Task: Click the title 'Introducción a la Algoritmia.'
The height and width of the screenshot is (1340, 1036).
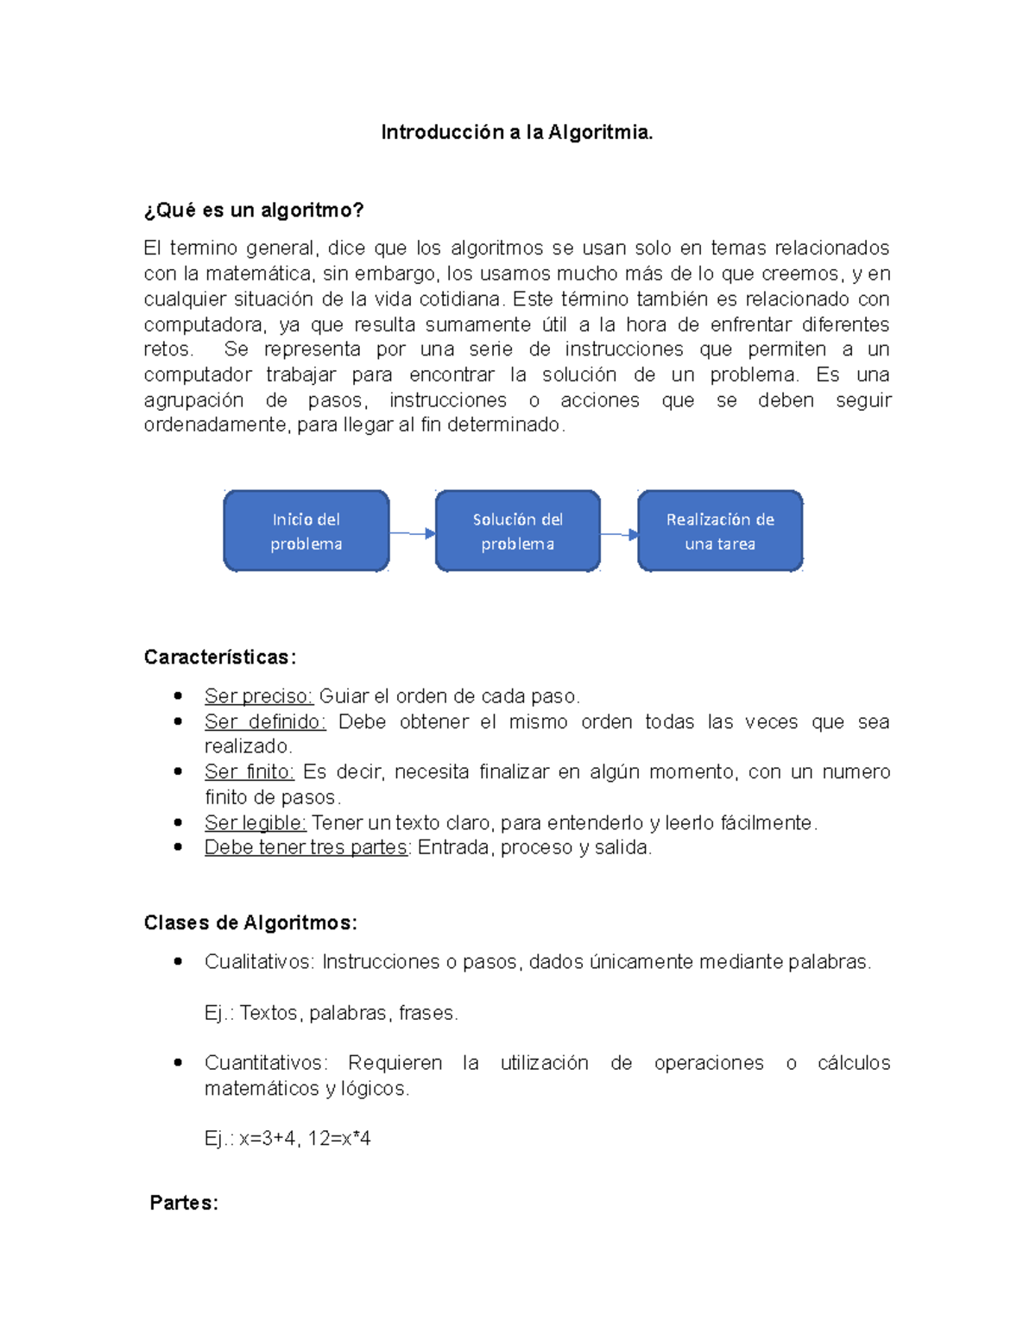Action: click(517, 132)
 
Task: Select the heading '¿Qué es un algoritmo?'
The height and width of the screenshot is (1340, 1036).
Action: click(254, 211)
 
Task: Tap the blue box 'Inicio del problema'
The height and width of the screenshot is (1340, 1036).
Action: click(306, 532)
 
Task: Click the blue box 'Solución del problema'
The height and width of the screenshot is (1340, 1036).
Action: click(517, 532)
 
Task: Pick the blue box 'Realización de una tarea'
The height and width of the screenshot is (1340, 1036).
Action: click(720, 532)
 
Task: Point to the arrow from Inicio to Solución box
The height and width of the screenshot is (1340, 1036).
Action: click(412, 534)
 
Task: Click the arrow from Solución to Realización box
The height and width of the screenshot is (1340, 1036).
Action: click(619, 535)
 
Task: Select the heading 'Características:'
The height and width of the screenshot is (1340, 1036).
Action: click(220, 657)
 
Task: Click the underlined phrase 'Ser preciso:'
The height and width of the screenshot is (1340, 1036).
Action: click(258, 696)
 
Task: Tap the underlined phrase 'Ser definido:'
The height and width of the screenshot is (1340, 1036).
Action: click(265, 722)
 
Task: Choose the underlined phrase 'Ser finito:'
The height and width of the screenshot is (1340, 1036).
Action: click(249, 772)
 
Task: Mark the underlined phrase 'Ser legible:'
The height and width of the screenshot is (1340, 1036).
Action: click(255, 823)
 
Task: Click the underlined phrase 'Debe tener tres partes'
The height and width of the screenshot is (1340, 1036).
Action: click(306, 848)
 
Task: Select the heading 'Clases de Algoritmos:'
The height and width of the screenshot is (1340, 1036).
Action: click(250, 923)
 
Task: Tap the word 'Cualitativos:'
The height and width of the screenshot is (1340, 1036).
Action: click(260, 962)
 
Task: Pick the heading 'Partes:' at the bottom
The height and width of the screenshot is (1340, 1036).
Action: click(184, 1203)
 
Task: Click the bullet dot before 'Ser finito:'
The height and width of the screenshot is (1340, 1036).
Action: click(178, 771)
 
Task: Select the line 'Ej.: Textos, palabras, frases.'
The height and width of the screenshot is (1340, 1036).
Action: click(331, 1013)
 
